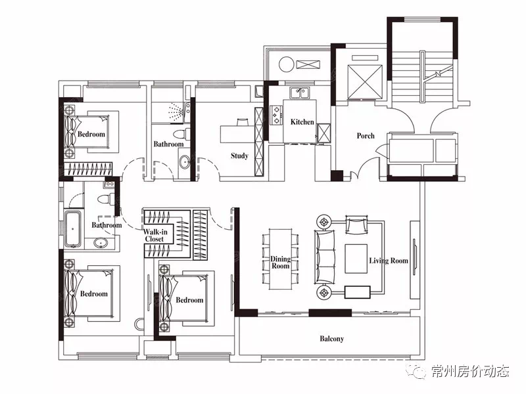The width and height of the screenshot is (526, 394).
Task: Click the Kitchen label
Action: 302,122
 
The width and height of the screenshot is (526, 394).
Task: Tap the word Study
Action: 239,156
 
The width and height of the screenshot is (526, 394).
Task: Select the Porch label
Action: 366,136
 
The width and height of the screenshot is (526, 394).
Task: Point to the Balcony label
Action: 332,339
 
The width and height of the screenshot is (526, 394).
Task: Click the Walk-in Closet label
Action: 155,235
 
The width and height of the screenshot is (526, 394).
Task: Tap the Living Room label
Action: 389,261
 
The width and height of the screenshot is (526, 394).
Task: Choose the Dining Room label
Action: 281,262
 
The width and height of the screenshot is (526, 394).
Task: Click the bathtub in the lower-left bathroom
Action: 73,229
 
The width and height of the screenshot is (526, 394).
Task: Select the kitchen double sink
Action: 300,92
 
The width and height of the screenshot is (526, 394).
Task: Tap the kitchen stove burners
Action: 276,114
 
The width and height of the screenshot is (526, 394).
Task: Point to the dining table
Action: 281,259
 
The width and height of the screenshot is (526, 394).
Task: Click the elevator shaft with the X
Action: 365,82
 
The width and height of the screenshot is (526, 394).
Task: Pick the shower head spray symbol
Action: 176,112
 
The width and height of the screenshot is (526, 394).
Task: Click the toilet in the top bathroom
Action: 181,134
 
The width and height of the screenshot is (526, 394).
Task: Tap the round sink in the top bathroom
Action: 184,162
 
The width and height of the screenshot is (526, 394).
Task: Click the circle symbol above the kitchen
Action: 287,64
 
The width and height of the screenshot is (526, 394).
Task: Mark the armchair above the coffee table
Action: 356,225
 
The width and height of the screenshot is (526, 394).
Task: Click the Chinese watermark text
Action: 470,371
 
